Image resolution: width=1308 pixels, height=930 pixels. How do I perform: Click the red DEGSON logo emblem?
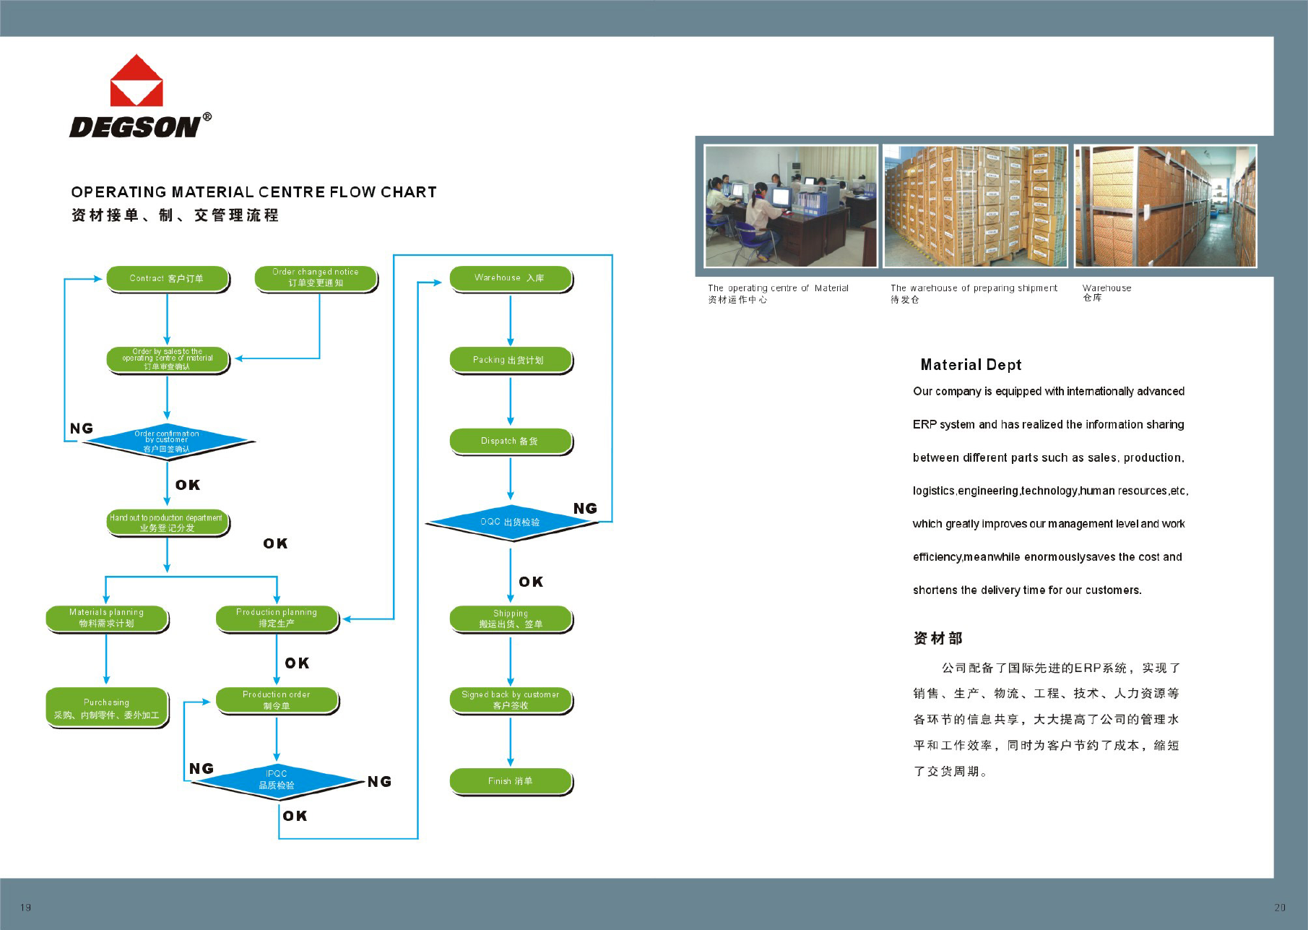point(137,81)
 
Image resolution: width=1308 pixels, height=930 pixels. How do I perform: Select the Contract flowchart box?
point(167,278)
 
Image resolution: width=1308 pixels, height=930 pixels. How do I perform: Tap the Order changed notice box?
point(316,278)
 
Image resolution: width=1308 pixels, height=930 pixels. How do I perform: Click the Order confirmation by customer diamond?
point(167,441)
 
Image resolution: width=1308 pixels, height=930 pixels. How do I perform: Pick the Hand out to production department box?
point(167,522)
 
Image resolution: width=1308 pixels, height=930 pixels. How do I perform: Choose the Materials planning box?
point(107,618)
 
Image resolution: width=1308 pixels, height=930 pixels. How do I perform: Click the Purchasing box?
point(107,707)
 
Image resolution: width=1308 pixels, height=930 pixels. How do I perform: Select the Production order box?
point(277,699)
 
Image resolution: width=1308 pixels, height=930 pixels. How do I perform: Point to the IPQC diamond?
point(277,780)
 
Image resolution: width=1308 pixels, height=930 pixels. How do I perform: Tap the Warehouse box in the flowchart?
point(510,278)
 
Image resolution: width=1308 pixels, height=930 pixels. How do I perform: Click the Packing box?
point(510,360)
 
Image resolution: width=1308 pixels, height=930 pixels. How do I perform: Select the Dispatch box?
point(510,441)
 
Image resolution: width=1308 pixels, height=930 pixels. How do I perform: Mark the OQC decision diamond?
point(510,522)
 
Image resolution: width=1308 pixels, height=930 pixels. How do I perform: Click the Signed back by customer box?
point(510,699)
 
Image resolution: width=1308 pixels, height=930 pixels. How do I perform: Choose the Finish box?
point(510,781)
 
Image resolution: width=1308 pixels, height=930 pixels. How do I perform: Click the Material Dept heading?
point(971,365)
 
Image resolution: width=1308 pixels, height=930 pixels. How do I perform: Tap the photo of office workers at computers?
point(790,206)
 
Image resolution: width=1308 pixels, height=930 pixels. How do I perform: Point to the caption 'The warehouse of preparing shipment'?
point(974,288)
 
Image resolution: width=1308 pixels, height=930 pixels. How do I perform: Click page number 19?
point(26,908)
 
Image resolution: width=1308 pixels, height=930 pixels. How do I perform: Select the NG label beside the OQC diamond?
point(585,509)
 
